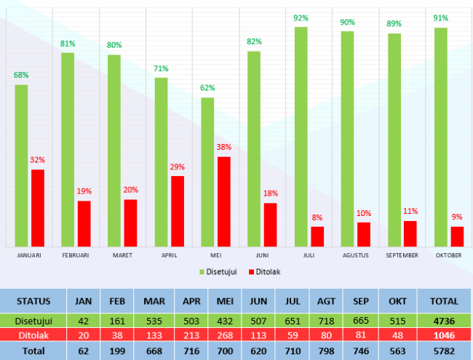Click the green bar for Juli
pyautogui.click(x=301, y=137)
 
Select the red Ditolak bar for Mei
pyautogui.click(x=224, y=201)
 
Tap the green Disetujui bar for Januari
pyautogui.click(x=22, y=166)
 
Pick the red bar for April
pyautogui.click(x=178, y=211)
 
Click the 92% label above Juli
pyautogui.click(x=301, y=18)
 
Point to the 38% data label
pyautogui.click(x=224, y=147)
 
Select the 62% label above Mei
pyautogui.click(x=207, y=88)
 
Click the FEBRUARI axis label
pyautogui.click(x=76, y=255)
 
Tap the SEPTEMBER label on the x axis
pyautogui.click(x=402, y=255)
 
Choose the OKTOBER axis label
pyautogui.click(x=448, y=255)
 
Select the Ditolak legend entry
pyautogui.click(x=264, y=271)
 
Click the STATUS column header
pyautogui.click(x=33, y=301)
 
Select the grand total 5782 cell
pyautogui.click(x=444, y=351)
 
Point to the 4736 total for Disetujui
pyautogui.click(x=444, y=321)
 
